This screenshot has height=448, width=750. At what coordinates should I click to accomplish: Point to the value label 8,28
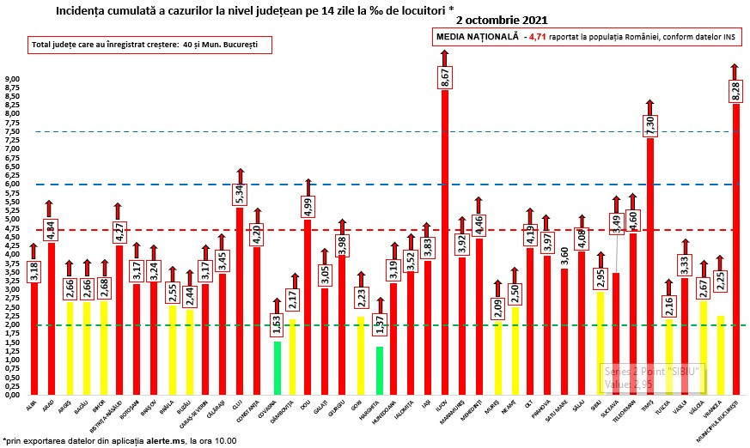point(736,90)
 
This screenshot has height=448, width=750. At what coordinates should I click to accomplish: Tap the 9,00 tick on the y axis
point(13,79)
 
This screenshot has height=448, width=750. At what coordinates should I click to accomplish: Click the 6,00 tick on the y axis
point(13,185)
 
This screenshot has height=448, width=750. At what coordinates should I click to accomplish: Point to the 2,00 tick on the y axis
point(13,325)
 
